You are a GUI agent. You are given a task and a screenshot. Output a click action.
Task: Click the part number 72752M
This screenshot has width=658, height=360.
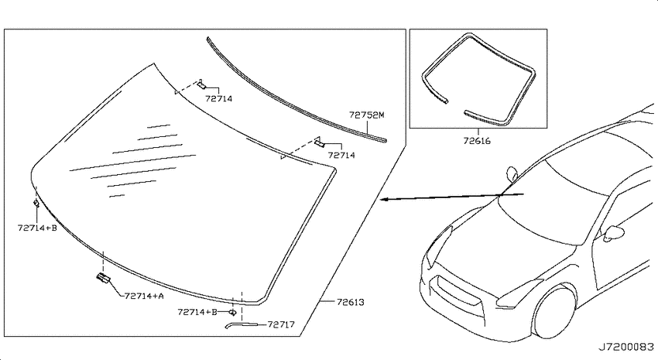tap(366, 115)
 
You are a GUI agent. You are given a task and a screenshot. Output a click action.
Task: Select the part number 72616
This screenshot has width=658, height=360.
tap(477, 141)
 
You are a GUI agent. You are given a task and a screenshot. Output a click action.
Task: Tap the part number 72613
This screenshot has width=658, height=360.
tap(350, 302)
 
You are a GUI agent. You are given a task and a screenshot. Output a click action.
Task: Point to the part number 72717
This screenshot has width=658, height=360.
tap(281, 324)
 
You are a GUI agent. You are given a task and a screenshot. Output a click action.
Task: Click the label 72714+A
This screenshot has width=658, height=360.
tap(144, 297)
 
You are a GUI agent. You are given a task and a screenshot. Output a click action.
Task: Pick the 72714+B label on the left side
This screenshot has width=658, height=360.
tap(37, 228)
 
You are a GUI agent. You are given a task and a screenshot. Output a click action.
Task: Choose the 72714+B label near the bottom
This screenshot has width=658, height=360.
tap(197, 312)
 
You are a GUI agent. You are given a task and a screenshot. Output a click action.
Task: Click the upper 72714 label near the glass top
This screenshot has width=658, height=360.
tap(218, 99)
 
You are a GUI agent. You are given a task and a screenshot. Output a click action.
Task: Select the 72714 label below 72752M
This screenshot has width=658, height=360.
tap(341, 156)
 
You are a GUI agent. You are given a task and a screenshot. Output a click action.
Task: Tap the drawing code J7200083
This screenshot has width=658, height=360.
tap(625, 347)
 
